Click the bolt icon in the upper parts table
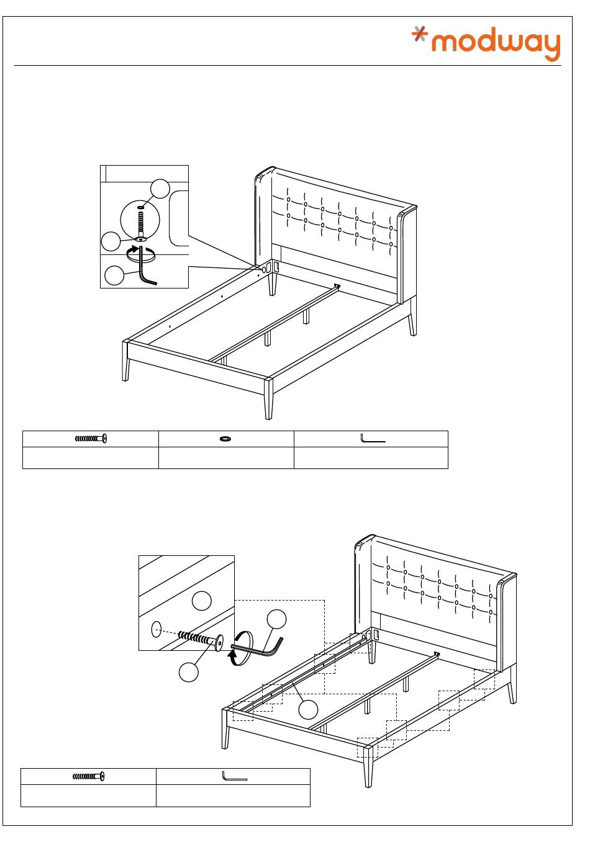tap(91, 439)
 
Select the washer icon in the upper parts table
tap(225, 439)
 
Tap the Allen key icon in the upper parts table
tap(372, 439)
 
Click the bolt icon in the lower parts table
tap(89, 776)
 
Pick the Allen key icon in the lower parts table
tap(234, 776)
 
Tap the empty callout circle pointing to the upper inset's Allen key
tap(114, 275)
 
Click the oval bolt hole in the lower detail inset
tap(157, 629)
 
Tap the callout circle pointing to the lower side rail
tap(308, 709)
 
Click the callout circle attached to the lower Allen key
tap(276, 619)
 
